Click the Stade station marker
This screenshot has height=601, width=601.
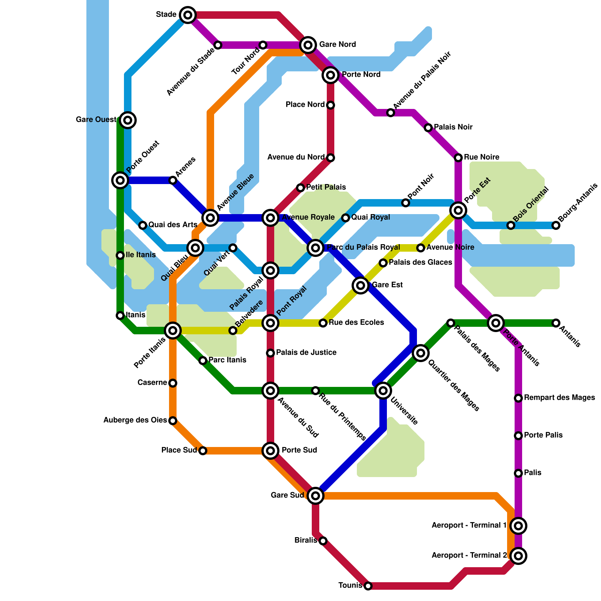coord(188,15)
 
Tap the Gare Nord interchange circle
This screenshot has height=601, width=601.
coord(308,45)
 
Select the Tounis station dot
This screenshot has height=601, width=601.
coord(368,586)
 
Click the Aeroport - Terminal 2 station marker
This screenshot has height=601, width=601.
coord(518,556)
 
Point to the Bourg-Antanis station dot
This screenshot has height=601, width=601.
coord(556,225)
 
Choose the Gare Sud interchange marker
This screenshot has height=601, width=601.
coord(316,496)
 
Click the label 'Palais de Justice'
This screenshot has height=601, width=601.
coord(306,352)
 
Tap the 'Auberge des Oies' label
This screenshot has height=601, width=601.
coord(135,420)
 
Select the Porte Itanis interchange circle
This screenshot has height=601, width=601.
coord(173,331)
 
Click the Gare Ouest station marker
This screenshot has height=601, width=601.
coord(128,120)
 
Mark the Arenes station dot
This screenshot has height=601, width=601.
coord(173,180)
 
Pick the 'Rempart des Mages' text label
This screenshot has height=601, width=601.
coord(559,397)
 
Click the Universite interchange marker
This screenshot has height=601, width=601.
coord(383,391)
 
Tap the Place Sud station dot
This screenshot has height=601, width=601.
coord(203,451)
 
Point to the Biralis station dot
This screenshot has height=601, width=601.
coord(323,541)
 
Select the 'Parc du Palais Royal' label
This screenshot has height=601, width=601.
coord(363,247)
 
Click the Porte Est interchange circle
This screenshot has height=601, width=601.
coord(458,210)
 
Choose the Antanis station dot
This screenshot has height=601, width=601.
coord(556,323)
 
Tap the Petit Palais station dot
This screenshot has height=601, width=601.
coord(300,188)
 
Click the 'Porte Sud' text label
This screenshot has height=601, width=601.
coord(299,450)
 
